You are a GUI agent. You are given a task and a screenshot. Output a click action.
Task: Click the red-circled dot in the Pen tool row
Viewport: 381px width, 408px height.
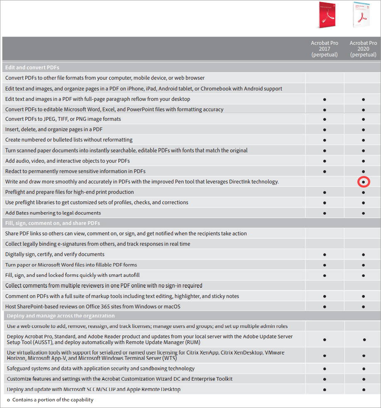coord(364,182)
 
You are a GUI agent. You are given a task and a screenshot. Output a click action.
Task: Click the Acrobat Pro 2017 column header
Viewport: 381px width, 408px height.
coord(325,49)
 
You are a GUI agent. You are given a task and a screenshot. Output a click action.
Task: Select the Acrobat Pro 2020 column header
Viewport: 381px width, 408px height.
coord(363,49)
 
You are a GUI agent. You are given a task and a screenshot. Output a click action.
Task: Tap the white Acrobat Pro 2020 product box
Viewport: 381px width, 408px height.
coord(361,15)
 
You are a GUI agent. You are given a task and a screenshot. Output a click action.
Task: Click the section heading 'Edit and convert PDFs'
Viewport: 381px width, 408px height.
coord(32,67)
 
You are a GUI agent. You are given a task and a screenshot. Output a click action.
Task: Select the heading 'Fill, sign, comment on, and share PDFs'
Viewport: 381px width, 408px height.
coord(52,223)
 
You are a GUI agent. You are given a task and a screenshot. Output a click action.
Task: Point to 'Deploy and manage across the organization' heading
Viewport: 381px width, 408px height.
coord(61,316)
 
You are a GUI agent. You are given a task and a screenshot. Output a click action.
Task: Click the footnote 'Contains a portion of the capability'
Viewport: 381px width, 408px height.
coord(53,400)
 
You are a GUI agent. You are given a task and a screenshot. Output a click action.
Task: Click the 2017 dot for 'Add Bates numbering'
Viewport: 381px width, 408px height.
coord(325,213)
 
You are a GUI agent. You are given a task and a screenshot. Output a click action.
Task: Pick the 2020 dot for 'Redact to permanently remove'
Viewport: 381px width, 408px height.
coord(364,171)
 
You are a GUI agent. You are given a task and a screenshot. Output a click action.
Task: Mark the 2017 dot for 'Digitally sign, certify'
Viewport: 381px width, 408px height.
coord(325,254)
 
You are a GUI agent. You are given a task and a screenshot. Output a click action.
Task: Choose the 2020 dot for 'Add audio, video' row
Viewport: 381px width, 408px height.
coord(364,161)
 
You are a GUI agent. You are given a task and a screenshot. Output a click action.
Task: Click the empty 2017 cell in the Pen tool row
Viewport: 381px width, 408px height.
coord(325,182)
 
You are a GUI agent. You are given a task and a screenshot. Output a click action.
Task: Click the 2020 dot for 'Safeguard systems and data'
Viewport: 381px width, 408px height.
coord(364,369)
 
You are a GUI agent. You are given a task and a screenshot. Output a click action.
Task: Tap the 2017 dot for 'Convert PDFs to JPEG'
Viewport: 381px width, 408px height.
coord(325,119)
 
